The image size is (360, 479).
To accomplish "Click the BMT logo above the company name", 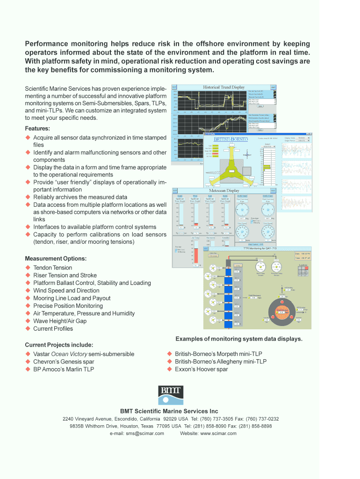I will point(170,395).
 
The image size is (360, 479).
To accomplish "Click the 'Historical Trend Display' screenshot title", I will point(223,87).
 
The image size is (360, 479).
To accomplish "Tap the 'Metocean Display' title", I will point(224,190).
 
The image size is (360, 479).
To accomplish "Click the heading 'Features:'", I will point(37,129).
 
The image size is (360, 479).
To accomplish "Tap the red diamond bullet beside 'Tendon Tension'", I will point(28,268).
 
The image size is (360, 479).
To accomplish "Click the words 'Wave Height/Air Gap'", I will point(59,321).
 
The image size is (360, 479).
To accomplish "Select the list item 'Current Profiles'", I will point(53,328).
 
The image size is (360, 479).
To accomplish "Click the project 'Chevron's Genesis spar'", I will point(63,362).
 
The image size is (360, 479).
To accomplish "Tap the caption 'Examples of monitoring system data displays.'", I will point(239,339).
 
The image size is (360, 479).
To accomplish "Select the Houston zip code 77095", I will point(163,426).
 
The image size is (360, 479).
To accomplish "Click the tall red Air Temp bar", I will point(196,255).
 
